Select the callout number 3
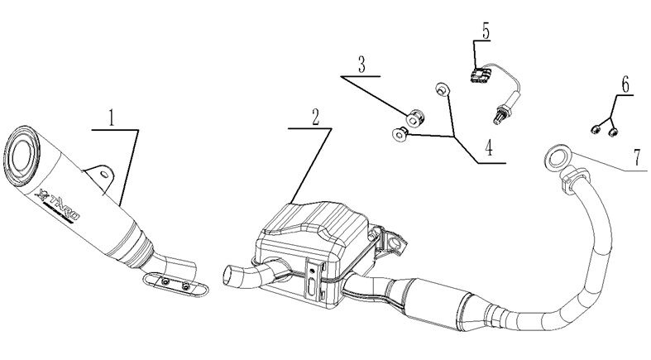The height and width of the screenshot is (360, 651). coord(361,64)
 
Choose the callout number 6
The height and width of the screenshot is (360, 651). coord(624,84)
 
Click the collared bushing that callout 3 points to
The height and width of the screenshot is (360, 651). coord(415,115)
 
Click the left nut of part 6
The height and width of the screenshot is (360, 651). coord(595,127)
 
